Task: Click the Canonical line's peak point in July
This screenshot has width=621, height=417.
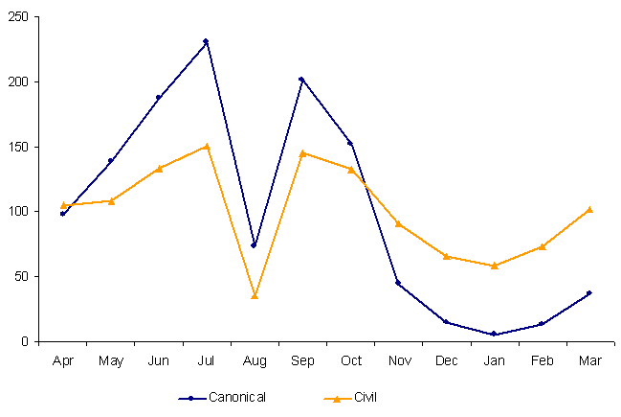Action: coord(206,41)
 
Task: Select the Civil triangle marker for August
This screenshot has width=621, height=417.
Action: coord(255,295)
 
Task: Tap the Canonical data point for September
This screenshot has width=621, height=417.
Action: coord(301,79)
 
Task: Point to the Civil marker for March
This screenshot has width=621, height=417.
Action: coord(589,209)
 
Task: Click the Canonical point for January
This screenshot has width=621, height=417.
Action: coord(494,335)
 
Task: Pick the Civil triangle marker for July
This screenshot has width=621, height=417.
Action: coord(206,146)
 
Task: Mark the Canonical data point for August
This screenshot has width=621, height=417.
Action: coord(254,245)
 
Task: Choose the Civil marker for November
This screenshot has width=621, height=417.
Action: coord(398,223)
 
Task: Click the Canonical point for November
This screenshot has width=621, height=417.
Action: coord(398,283)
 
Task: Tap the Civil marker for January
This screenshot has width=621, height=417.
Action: coord(494,266)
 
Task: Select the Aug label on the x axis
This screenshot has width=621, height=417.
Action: coord(254,360)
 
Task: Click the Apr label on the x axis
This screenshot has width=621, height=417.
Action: coord(62,360)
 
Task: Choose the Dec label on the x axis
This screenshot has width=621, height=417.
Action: coord(446,360)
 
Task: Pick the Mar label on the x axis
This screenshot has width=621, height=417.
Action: coord(589,360)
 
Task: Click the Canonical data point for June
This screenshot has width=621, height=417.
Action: coord(158,97)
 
